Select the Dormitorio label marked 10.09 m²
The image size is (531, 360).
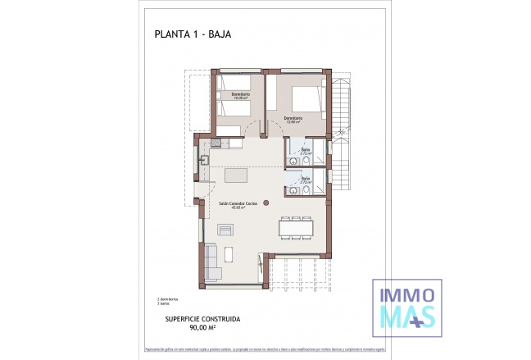pyautogui.click(x=240, y=95)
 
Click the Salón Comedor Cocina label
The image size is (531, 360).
pyautogui.click(x=238, y=202)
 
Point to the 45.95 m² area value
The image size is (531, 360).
pyautogui.click(x=238, y=207)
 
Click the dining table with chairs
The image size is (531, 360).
pyautogui.click(x=297, y=226)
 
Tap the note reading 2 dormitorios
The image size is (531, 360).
pyautogui.click(x=169, y=299)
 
